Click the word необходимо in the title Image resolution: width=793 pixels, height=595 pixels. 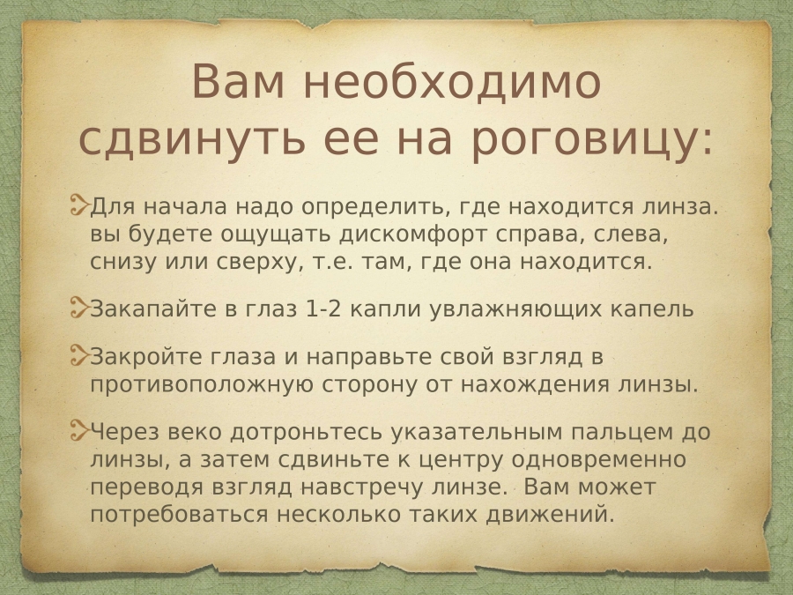click(x=452, y=82)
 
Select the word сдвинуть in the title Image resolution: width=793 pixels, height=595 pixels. click(x=193, y=138)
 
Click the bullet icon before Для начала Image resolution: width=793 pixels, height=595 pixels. click(x=79, y=206)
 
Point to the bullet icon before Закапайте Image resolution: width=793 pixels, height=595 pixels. click(x=79, y=308)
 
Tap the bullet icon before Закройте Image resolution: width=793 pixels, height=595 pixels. click(x=79, y=355)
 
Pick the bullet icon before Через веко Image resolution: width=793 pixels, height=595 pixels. click(x=79, y=430)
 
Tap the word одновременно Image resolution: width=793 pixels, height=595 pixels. click(x=598, y=460)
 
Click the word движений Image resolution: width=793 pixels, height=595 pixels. click(x=550, y=515)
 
